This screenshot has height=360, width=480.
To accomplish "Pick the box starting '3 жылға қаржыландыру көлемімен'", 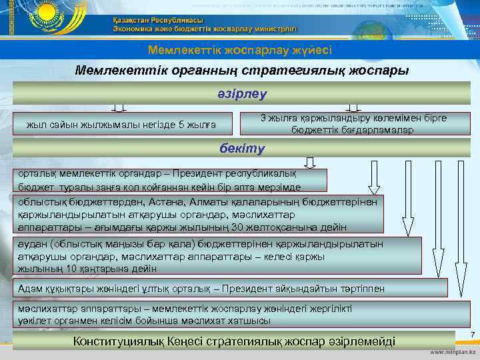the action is [353, 124].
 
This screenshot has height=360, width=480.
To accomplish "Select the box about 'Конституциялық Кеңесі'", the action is [236, 342].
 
